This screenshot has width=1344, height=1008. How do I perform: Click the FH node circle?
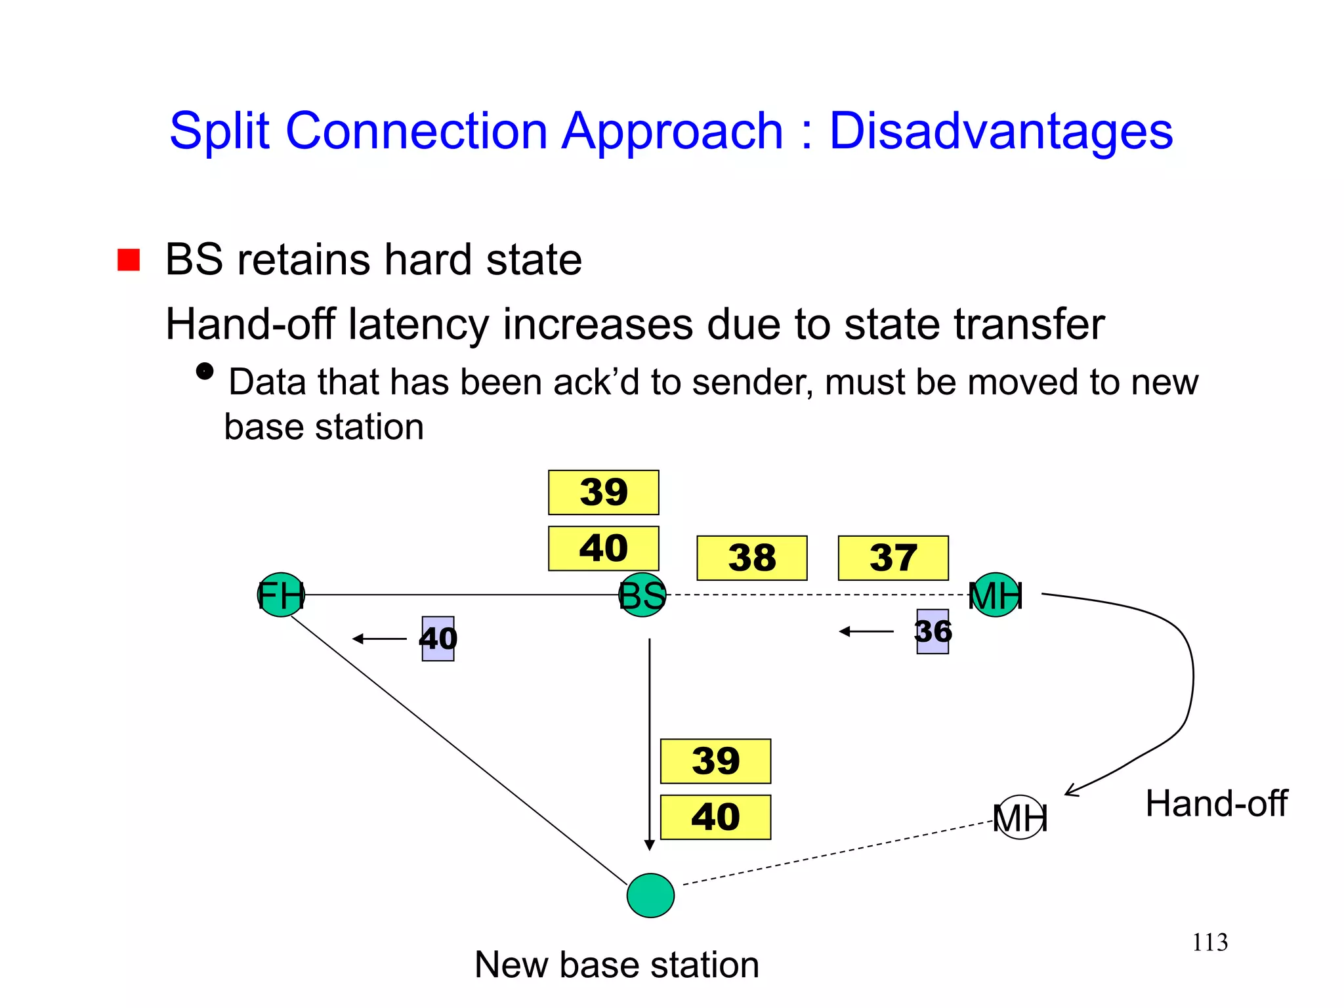[281, 595]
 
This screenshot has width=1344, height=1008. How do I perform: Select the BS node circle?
[642, 595]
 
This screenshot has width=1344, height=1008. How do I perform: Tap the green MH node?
[996, 595]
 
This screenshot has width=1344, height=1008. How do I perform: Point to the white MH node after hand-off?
[1020, 817]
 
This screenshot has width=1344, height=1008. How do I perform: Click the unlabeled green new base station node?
[650, 895]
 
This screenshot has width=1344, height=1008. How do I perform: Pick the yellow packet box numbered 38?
[752, 558]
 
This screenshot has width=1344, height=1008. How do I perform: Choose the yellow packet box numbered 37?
[893, 558]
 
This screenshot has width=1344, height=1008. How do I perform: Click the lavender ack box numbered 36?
[933, 631]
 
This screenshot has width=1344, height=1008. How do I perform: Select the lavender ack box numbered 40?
[438, 639]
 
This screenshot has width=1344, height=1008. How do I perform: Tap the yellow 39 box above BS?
[604, 492]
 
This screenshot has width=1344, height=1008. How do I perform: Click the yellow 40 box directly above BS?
[604, 548]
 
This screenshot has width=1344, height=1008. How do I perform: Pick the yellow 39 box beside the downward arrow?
[715, 761]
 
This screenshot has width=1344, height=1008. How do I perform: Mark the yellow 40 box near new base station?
[715, 817]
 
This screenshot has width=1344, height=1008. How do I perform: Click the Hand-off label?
[1216, 803]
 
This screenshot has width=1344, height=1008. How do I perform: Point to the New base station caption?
[617, 965]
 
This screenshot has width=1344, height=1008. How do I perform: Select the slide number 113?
[1209, 942]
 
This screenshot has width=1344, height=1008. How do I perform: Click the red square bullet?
[129, 260]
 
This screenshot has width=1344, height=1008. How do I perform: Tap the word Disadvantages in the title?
[1001, 131]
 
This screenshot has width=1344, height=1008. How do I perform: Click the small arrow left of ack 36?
[866, 631]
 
